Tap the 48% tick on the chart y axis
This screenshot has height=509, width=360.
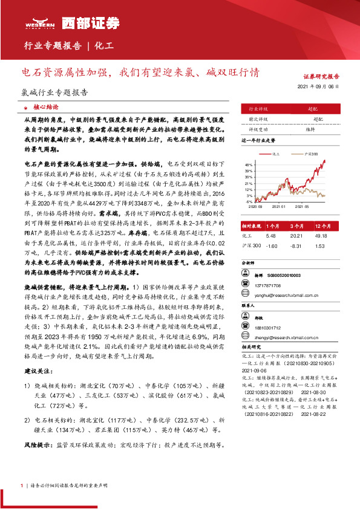(x=248, y=164)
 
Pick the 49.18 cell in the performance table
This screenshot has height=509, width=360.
(x=322, y=236)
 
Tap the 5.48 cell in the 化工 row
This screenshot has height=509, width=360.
(x=270, y=236)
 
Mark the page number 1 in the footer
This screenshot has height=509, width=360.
(x=22, y=485)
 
